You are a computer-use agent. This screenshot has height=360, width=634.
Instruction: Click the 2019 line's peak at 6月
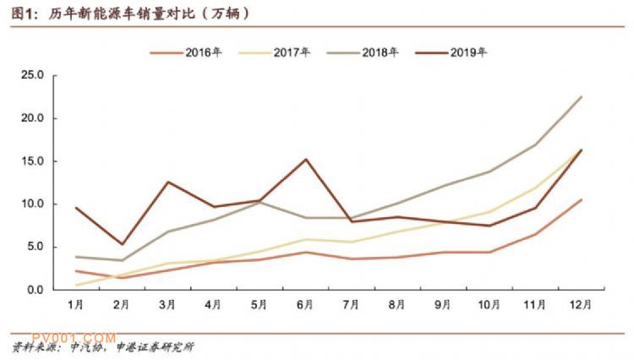(305, 159)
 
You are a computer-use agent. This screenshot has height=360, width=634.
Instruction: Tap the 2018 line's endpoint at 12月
(582, 96)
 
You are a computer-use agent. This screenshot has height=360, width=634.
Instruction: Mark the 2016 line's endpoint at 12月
(582, 199)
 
